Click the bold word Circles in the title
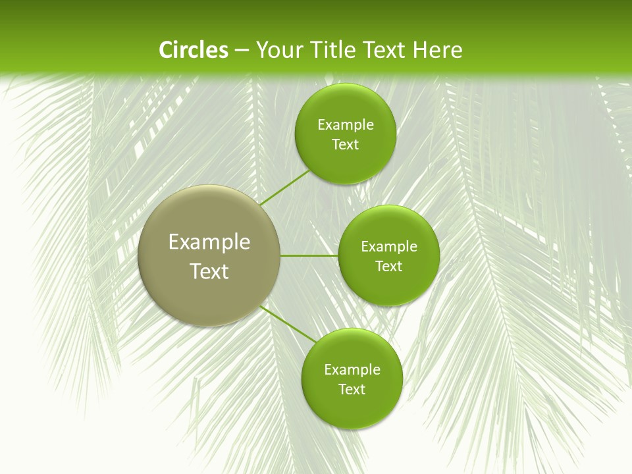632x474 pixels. (194, 50)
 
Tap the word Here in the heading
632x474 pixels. (437, 50)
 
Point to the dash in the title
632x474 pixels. (242, 51)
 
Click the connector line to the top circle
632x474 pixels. (285, 188)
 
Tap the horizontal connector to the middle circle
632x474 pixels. (309, 255)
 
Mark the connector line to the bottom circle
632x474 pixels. (288, 323)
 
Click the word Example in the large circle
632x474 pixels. (209, 242)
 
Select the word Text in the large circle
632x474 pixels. (209, 271)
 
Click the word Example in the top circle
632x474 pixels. (346, 124)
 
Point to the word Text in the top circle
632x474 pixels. (345, 144)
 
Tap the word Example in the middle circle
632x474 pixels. (389, 246)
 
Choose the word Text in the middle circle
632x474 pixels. (388, 266)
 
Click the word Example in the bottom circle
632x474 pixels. (352, 369)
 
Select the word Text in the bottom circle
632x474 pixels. (352, 389)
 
